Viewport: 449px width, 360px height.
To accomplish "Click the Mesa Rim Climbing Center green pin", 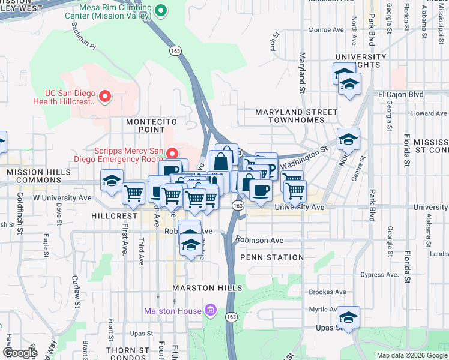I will pyautogui.click(x=161, y=10).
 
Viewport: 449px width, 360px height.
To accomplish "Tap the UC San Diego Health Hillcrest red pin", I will pyautogui.click(x=106, y=96).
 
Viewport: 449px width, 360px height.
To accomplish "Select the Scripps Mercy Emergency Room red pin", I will pyautogui.click(x=173, y=154).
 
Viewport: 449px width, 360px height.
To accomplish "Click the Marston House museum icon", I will pyautogui.click(x=211, y=310).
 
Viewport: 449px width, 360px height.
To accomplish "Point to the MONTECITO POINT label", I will pyautogui.click(x=145, y=125).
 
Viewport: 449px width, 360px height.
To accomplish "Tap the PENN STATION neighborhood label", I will pyautogui.click(x=271, y=257).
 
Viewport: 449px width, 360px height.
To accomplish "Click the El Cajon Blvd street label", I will pyautogui.click(x=400, y=95).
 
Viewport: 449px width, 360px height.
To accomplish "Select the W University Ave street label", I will pyautogui.click(x=62, y=197).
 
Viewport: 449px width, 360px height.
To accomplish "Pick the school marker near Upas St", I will pyautogui.click(x=348, y=316).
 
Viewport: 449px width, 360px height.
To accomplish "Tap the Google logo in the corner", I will pyautogui.click(x=20, y=353).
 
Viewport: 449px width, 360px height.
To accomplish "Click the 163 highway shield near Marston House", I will pyautogui.click(x=232, y=316).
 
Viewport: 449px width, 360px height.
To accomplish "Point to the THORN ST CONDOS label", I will pyautogui.click(x=127, y=354).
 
